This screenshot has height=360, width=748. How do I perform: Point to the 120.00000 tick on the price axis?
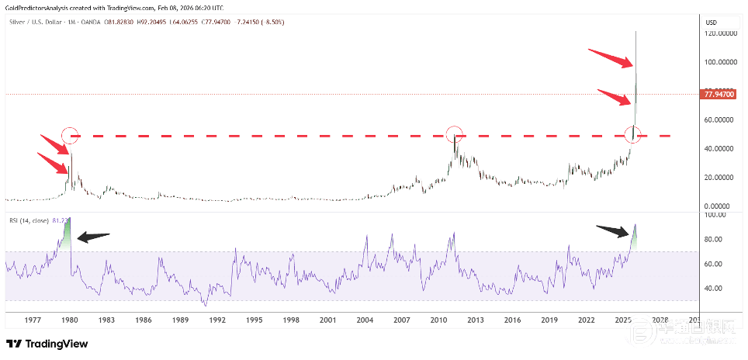[x=721, y=34]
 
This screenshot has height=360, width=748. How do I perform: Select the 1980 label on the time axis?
[x=70, y=320]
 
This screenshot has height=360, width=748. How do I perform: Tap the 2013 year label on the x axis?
[x=476, y=320]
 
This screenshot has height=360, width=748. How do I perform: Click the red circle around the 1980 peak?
[x=70, y=135]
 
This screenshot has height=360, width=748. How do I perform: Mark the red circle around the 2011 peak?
[x=455, y=133]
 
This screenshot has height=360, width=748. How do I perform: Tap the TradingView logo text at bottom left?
[x=47, y=344]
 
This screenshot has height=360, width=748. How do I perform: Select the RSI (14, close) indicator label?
[x=29, y=220]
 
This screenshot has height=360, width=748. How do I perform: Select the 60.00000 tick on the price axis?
[x=721, y=120]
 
